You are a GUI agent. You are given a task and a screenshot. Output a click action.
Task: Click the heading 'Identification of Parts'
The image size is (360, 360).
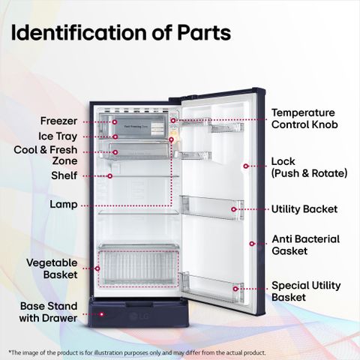pos(121,33)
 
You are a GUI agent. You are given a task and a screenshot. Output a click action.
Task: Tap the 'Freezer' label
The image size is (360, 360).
pos(58,121)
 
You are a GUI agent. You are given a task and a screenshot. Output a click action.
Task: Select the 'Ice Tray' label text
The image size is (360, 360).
pos(58,136)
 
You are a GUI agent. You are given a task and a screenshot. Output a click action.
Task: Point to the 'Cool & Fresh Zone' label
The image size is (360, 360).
pos(46,155)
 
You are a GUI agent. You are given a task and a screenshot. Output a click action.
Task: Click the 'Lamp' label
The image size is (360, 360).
pos(64,205)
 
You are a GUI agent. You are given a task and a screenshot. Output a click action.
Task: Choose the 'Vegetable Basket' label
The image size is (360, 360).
pos(52,268)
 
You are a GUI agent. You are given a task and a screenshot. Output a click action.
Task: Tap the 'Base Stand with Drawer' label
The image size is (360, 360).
pos(49,312)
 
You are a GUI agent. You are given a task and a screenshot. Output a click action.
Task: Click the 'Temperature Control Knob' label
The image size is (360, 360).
pos(304,118)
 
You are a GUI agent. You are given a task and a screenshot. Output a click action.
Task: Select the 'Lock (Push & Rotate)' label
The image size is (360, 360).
pos(310,167)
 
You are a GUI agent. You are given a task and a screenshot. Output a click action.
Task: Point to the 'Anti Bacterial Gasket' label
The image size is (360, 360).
pos(306,245)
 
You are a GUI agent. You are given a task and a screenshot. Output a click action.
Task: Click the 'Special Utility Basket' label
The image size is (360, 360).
pos(306,291)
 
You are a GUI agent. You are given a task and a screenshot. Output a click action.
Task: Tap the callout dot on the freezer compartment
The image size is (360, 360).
pos(115,122)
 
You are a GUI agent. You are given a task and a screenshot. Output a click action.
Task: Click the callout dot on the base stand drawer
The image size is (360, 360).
pos(101,314)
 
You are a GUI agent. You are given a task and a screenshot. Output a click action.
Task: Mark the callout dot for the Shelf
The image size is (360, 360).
pos(109,176)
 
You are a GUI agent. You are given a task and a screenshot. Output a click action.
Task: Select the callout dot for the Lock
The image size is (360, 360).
pos(246,166)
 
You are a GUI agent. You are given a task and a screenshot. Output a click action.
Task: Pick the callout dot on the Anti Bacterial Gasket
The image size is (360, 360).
pos(252,244)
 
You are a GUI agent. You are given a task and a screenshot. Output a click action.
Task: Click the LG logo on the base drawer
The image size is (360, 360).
pos(139,316)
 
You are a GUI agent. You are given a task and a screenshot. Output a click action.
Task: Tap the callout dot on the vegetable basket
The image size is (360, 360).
pos(97,268)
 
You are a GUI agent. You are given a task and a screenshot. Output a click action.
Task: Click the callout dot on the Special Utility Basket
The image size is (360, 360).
pos(235,289)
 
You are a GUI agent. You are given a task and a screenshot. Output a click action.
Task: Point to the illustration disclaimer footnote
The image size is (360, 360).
pos(137,352)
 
